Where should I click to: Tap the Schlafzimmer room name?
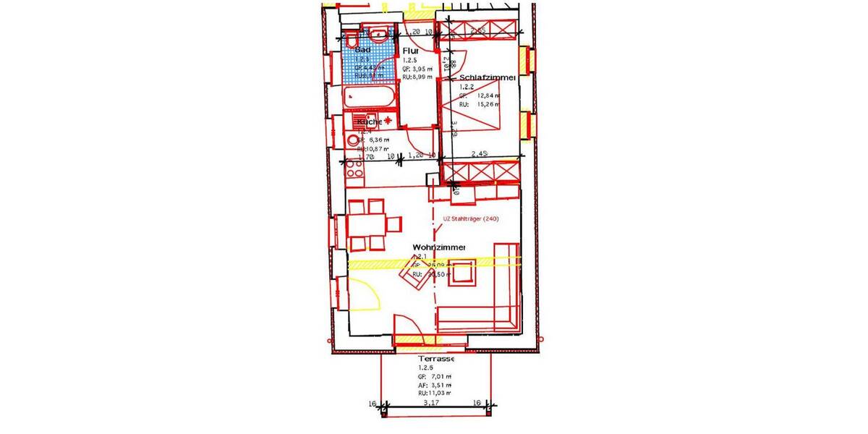pos(487,77)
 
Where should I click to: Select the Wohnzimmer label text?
pos(439,247)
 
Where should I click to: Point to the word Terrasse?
pos(436,359)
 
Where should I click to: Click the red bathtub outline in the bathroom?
pos(369,97)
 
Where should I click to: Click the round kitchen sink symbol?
pos(353,140)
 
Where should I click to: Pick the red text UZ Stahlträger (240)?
pos(471,219)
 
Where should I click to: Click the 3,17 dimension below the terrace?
pos(430,404)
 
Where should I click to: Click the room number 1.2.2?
pos(467,87)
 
